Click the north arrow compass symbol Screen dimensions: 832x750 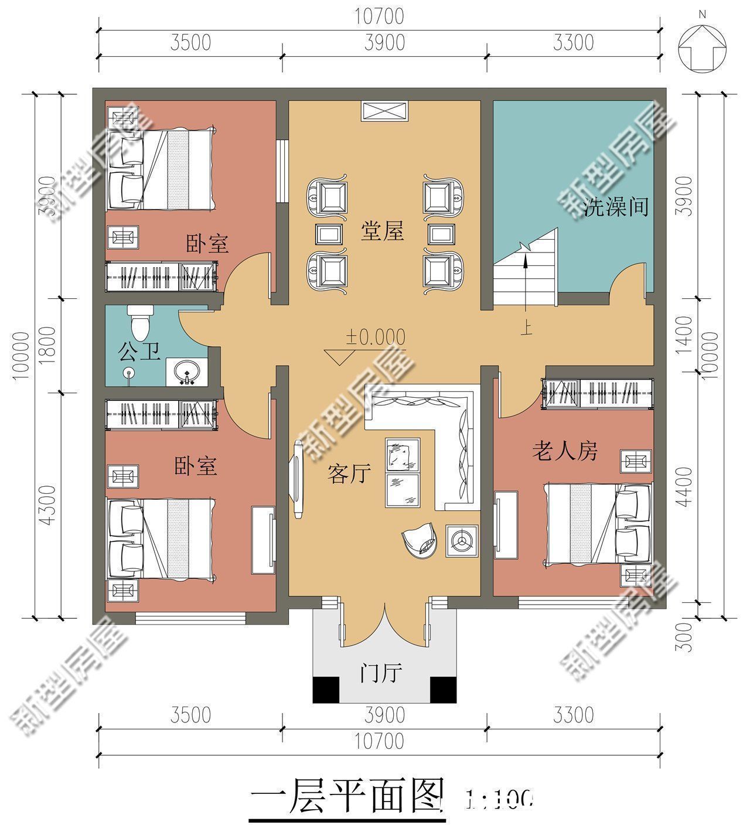click(703, 47)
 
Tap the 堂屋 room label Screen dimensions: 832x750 click(382, 232)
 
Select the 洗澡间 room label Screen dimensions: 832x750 click(616, 207)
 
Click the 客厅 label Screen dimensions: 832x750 click(349, 473)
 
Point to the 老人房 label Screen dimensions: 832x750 click(564, 451)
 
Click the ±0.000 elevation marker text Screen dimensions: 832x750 click(375, 337)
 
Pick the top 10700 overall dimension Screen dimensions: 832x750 click(379, 17)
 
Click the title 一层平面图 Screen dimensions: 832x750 click(346, 797)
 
